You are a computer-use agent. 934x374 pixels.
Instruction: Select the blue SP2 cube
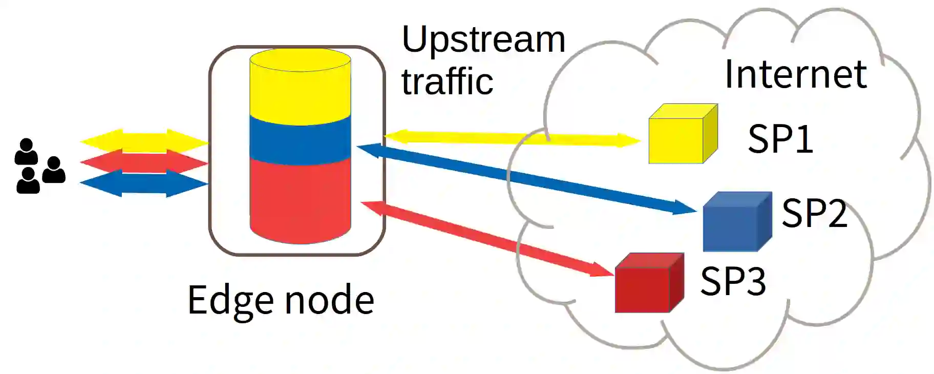coord(736,222)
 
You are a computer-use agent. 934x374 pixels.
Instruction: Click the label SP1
coord(780,139)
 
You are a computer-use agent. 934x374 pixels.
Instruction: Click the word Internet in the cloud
coord(795,75)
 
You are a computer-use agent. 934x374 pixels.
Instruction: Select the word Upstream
coord(483,39)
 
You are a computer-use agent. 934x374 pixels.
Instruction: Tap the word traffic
coord(447,82)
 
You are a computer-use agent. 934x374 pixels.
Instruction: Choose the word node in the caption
coord(329,300)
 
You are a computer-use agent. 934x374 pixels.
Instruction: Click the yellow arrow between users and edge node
coord(144,140)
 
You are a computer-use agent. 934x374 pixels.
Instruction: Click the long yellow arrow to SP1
coord(512,138)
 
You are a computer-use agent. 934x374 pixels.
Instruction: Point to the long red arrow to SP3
coord(487,239)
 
